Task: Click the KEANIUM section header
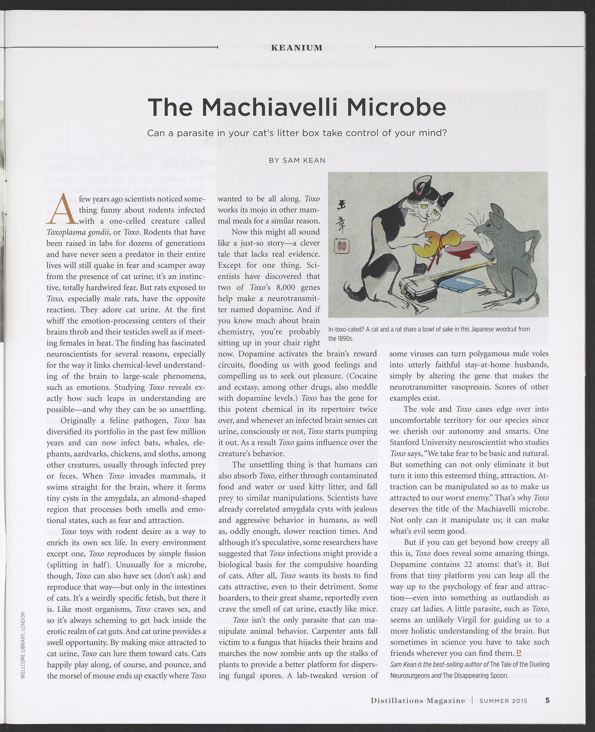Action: [x=297, y=48]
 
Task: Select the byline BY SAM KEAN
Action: [x=297, y=160]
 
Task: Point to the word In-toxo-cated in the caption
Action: [x=347, y=329]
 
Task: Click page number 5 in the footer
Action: [x=547, y=700]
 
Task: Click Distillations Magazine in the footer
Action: [x=418, y=701]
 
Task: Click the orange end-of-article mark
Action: [x=518, y=653]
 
